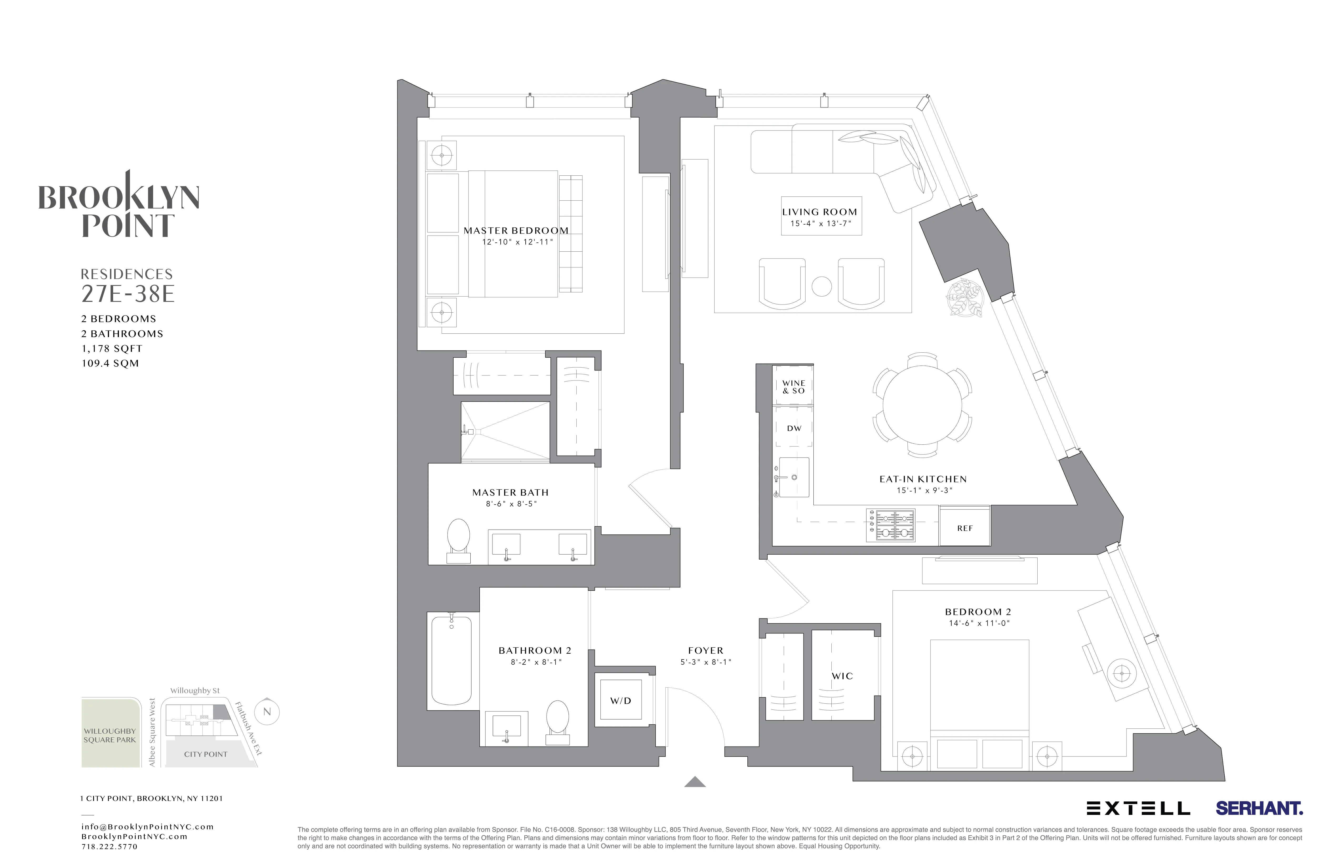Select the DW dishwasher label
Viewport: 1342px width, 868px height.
(794, 428)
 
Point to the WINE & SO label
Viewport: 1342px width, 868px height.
(793, 387)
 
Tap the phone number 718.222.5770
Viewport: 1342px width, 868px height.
(109, 847)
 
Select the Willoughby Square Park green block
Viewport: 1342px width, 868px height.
(110, 733)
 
